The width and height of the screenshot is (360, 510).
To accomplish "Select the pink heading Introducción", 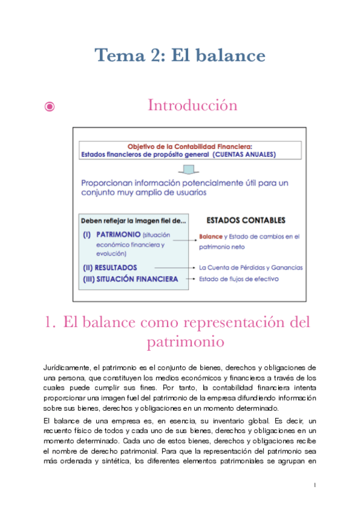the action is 192,105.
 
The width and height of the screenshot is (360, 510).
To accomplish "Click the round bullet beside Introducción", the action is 50,107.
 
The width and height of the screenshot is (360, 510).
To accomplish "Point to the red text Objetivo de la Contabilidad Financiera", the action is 190,146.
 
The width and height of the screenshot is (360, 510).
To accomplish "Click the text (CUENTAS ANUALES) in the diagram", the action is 245,154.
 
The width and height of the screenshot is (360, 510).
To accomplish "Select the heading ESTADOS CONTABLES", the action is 246,220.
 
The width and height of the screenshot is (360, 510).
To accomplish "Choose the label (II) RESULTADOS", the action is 110,267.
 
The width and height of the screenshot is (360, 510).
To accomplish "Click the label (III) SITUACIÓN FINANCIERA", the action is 130,279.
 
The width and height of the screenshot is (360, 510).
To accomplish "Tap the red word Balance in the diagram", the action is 210,237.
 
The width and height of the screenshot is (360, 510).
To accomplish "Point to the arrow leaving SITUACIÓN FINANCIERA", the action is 191,279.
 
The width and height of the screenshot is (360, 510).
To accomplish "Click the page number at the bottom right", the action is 315,484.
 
